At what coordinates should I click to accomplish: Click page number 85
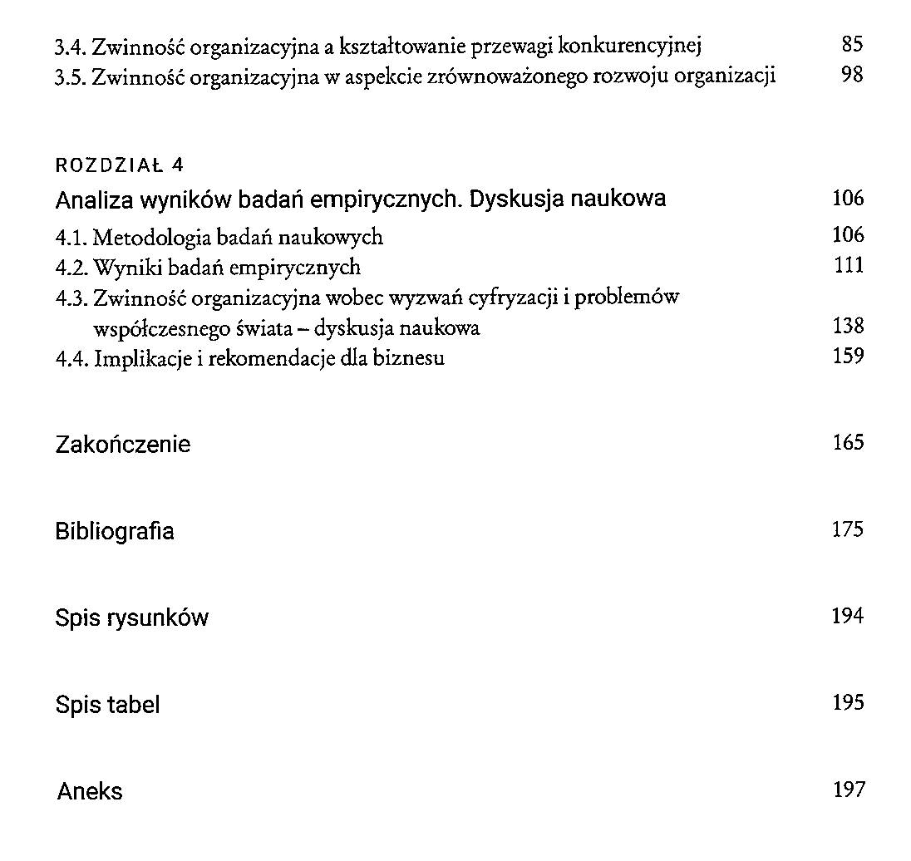852,45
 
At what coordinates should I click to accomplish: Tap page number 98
852,76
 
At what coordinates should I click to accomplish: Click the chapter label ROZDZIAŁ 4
119,165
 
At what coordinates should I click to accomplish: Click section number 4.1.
71,238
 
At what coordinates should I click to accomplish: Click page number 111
849,266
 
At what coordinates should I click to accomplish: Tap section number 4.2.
71,268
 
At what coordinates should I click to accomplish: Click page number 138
848,327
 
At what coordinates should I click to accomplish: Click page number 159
848,357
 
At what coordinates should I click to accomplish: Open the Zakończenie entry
122,445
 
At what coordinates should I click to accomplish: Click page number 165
848,443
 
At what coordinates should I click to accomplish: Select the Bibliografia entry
115,531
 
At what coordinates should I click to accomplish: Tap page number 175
848,529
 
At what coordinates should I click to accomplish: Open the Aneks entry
90,791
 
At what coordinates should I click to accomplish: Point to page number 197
848,790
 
